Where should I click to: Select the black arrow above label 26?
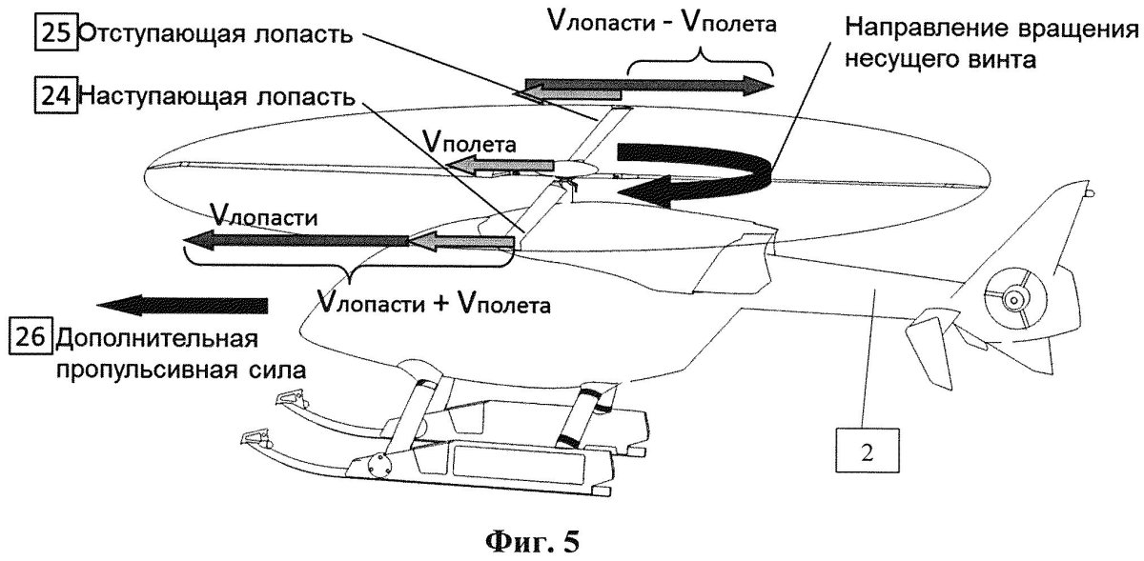[182, 305]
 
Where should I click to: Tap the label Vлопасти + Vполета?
[434, 305]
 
